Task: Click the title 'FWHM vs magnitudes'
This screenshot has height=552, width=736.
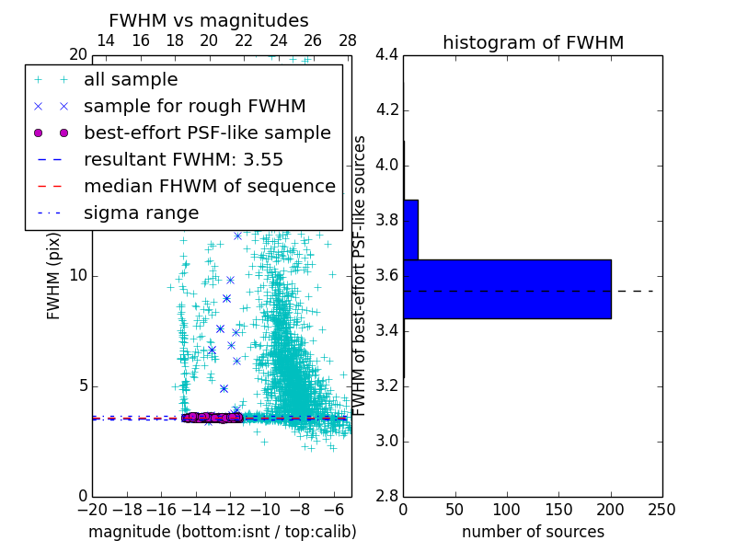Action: pos(209,20)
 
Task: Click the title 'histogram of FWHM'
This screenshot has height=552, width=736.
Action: pos(533,42)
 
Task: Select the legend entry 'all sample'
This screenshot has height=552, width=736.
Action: pos(131,80)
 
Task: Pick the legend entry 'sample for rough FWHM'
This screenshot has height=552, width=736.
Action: pos(194,107)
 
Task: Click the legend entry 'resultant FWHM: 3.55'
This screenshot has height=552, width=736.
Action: pos(183,160)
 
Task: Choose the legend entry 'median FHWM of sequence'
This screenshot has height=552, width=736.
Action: pos(209,187)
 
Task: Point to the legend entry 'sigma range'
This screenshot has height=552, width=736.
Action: pos(141,213)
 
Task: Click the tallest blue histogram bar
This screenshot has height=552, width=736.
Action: pos(507,289)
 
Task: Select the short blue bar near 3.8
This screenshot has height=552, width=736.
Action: pos(410,229)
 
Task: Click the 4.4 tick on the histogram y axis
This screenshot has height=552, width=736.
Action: pos(386,55)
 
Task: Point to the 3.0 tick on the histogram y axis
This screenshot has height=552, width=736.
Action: pos(386,441)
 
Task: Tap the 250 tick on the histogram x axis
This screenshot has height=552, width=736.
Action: pos(661,509)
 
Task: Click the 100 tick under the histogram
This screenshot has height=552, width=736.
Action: pos(507,509)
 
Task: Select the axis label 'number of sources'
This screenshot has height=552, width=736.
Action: pos(533,532)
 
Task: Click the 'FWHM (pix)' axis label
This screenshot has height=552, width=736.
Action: pos(53,275)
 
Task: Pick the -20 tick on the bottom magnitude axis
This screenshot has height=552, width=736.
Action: pos(92,509)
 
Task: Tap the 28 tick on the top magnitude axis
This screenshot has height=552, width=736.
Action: pos(348,40)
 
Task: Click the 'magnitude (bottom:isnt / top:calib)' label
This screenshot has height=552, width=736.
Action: pos(222,532)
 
